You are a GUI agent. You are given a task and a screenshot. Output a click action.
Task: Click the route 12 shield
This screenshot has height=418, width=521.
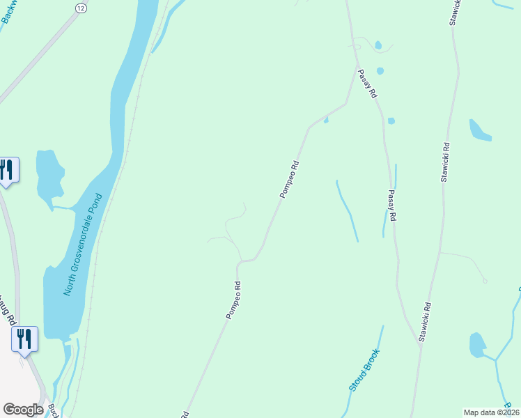pyautogui.click(x=81, y=7)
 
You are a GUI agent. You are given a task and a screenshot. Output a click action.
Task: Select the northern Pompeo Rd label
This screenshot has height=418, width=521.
pyautogui.click(x=289, y=180)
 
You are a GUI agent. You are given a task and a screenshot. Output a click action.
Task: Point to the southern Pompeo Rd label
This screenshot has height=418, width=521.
pyautogui.click(x=233, y=300)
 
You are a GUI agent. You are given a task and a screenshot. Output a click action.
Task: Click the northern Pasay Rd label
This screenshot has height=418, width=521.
pyautogui.click(x=368, y=83)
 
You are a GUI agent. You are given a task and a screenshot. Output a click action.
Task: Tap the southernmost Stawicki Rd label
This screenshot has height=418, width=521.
pyautogui.click(x=425, y=322)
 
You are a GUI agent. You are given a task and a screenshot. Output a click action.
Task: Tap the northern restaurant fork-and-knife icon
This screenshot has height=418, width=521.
pyautogui.click(x=7, y=170)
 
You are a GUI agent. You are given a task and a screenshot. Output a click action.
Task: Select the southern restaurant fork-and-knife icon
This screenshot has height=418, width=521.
pyautogui.click(x=24, y=339)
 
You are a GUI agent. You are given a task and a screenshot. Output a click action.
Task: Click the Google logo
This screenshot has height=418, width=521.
pyautogui.click(x=23, y=410)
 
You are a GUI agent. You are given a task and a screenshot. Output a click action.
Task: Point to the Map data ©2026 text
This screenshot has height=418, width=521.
pyautogui.click(x=491, y=412)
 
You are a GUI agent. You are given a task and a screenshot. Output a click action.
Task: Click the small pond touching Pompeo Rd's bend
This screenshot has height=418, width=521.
pyautogui.click(x=326, y=120)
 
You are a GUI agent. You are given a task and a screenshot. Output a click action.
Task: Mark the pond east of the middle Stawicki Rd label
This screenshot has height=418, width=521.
pyautogui.click(x=479, y=130)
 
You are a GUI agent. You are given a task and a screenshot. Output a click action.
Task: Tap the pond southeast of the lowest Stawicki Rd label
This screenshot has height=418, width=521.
pyautogui.click(x=477, y=345)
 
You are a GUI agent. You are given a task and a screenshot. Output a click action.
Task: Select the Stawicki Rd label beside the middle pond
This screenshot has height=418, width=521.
pyautogui.click(x=445, y=162)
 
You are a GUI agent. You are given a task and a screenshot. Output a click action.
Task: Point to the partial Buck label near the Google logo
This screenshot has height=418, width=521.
pyautogui.click(x=53, y=411)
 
